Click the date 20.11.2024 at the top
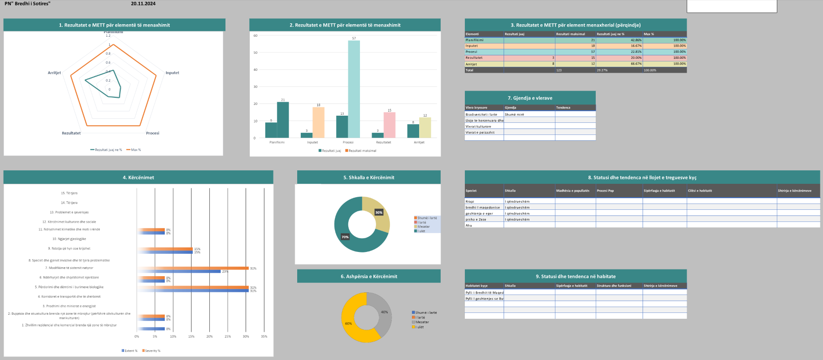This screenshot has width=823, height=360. [x=143, y=4]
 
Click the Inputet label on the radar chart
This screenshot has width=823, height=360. [x=172, y=73]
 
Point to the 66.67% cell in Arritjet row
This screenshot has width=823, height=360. [x=619, y=64]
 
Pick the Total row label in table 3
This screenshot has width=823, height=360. [x=469, y=70]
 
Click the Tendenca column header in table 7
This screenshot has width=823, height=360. [x=563, y=108]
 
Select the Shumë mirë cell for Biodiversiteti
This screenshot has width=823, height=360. [x=514, y=114]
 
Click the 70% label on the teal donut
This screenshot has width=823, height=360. [x=345, y=237]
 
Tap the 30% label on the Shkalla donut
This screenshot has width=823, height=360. [x=379, y=213]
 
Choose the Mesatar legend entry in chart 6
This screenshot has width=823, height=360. [x=422, y=322]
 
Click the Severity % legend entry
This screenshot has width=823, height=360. [x=152, y=351]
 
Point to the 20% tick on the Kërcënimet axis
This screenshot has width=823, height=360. [x=209, y=336]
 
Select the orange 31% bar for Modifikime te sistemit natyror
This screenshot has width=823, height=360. [x=193, y=268]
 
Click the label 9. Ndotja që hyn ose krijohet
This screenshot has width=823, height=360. [x=69, y=248]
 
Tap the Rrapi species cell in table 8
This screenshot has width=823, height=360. [x=470, y=201]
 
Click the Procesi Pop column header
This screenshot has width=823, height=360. [x=605, y=191]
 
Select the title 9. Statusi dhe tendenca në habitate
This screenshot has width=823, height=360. [x=576, y=276]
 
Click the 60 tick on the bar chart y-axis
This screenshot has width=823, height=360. [x=256, y=35]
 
